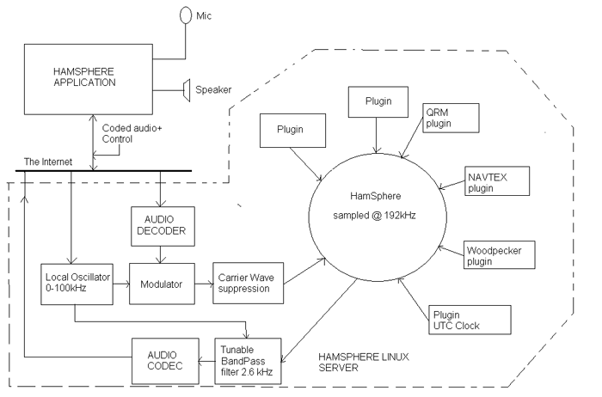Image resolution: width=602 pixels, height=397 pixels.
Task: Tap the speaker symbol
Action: point(187,90)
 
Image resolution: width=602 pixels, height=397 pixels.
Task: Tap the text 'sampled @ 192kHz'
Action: point(374,216)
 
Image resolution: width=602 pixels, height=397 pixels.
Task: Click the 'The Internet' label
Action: point(48,162)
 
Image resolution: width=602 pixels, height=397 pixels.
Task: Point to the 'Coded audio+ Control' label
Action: point(132,133)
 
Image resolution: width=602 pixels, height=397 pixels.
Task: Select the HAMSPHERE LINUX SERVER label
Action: point(364,362)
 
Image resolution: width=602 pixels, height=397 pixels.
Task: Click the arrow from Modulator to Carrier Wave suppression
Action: point(204,284)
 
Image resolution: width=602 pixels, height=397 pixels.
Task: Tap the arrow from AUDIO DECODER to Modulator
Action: point(161,254)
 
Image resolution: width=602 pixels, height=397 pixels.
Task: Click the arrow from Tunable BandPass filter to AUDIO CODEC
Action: point(206,361)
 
